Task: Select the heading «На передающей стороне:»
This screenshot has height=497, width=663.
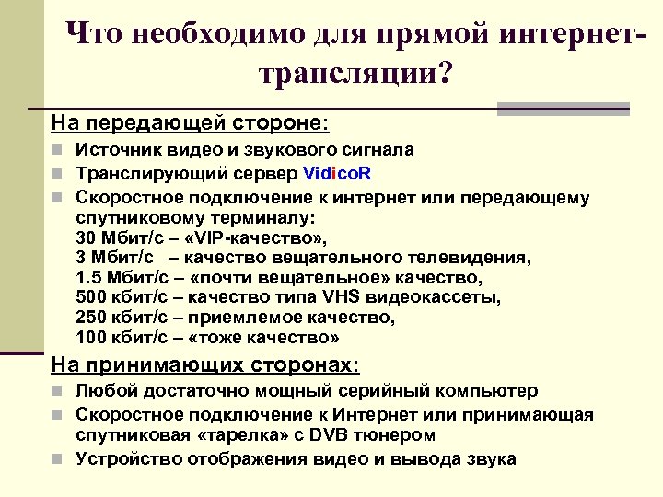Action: coord(190,121)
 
